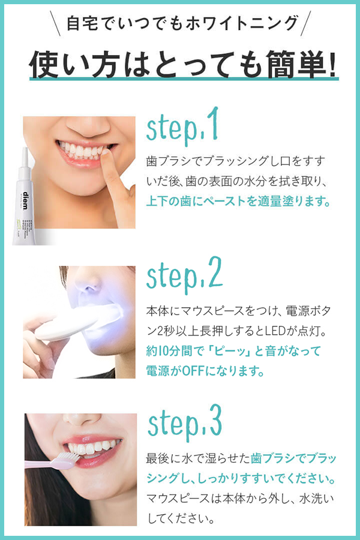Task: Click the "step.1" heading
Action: [x=182, y=127]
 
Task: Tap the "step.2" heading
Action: [x=184, y=276]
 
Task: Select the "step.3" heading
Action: [x=185, y=423]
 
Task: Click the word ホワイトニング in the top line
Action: [x=242, y=23]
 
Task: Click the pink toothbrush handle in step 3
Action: [x=41, y=465]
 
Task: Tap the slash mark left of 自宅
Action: [x=55, y=23]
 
